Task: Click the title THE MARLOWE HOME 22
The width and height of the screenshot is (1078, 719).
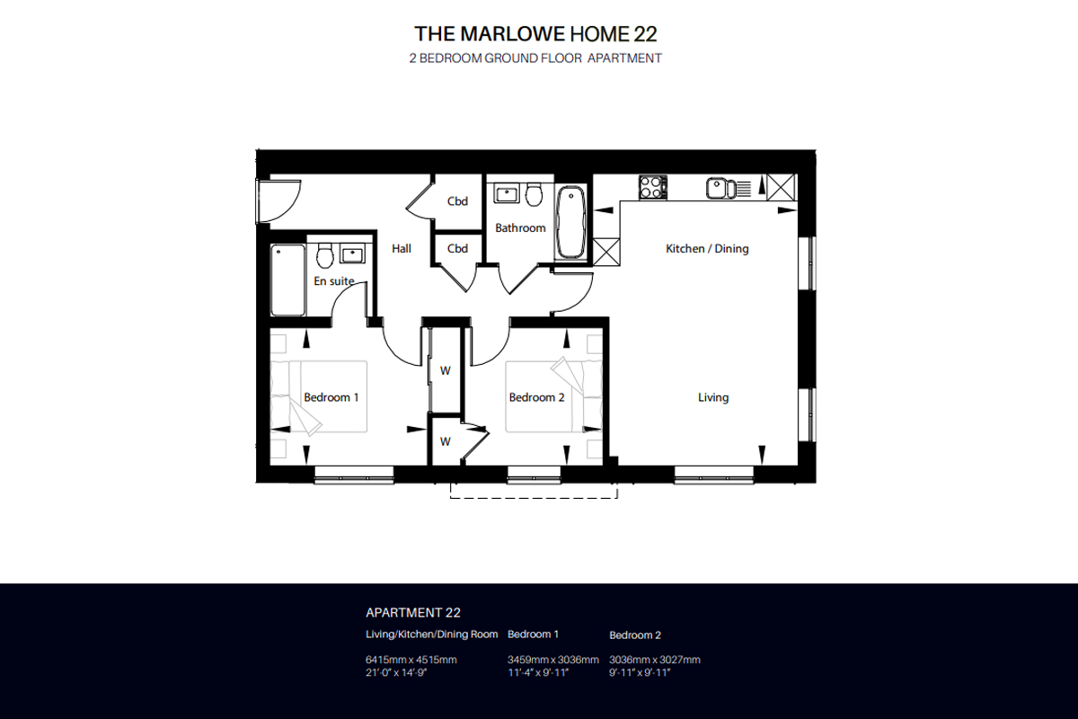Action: pyautogui.click(x=535, y=34)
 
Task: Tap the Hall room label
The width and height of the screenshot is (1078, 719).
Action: pyautogui.click(x=402, y=249)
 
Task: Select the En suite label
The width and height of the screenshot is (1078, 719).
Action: pyautogui.click(x=333, y=281)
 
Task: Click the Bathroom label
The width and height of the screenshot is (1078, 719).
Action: pyautogui.click(x=520, y=228)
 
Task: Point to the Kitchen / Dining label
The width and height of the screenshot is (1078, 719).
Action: pyautogui.click(x=706, y=249)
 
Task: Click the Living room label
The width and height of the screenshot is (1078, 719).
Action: pyautogui.click(x=713, y=397)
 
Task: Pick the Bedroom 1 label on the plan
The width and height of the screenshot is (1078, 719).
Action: pyautogui.click(x=331, y=397)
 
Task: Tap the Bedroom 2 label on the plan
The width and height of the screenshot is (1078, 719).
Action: pyautogui.click(x=536, y=397)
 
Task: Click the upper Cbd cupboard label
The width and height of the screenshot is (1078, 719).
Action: pyautogui.click(x=457, y=201)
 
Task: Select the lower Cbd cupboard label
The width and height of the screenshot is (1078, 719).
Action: pyautogui.click(x=457, y=249)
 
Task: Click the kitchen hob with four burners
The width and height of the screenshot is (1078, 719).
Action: pyautogui.click(x=653, y=187)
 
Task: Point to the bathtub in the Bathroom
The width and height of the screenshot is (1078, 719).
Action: pyautogui.click(x=570, y=223)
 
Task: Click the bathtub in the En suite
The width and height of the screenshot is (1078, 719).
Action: pyautogui.click(x=287, y=280)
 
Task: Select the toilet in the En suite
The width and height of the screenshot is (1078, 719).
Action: pyautogui.click(x=325, y=254)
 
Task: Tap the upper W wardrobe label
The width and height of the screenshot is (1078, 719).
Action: pyautogui.click(x=445, y=369)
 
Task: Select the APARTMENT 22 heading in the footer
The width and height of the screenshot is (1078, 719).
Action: pyautogui.click(x=413, y=613)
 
